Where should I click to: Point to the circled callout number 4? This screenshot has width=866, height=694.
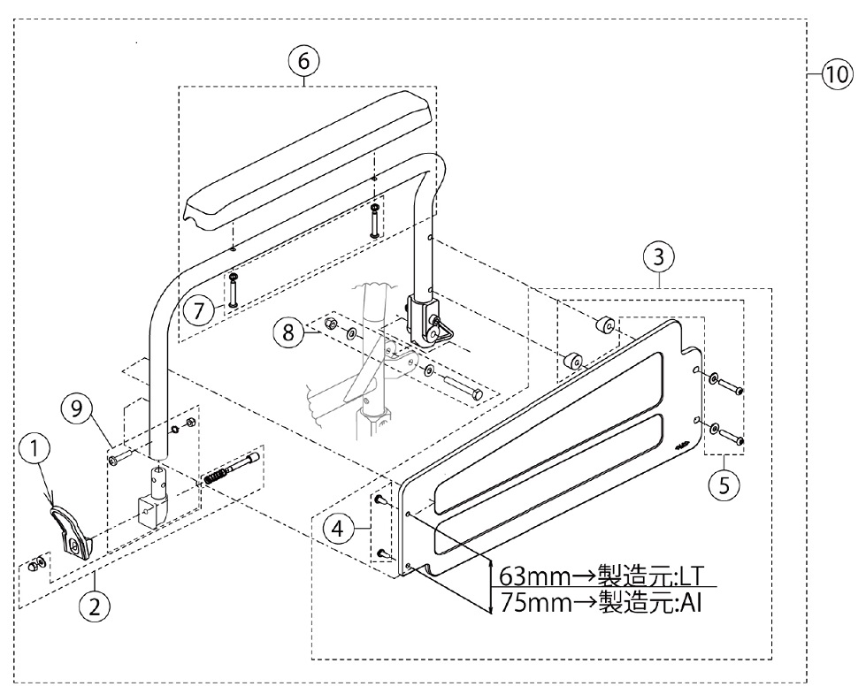[x=335, y=530]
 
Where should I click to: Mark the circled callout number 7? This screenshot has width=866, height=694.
[x=200, y=310]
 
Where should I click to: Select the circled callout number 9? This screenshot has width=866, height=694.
[x=77, y=410]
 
